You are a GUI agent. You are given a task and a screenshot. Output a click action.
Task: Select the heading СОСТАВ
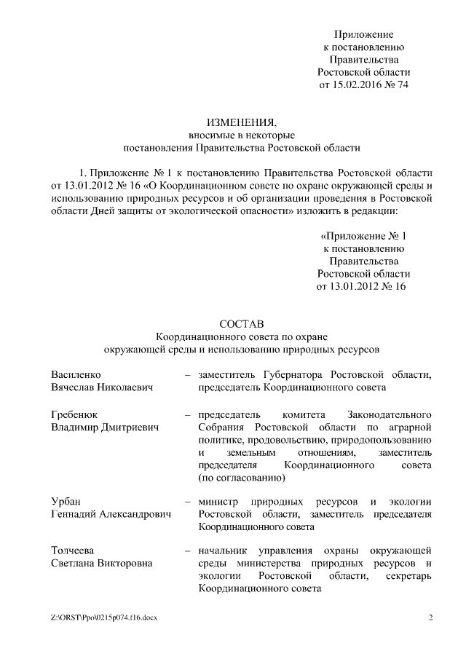click(241, 323)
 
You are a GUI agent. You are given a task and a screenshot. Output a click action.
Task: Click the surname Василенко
click(76, 374)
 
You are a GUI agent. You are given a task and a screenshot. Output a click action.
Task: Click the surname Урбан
click(66, 502)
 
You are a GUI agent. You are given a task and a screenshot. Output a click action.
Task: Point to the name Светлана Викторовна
click(100, 563)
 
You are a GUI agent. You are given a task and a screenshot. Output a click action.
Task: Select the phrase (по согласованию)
click(237, 478)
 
